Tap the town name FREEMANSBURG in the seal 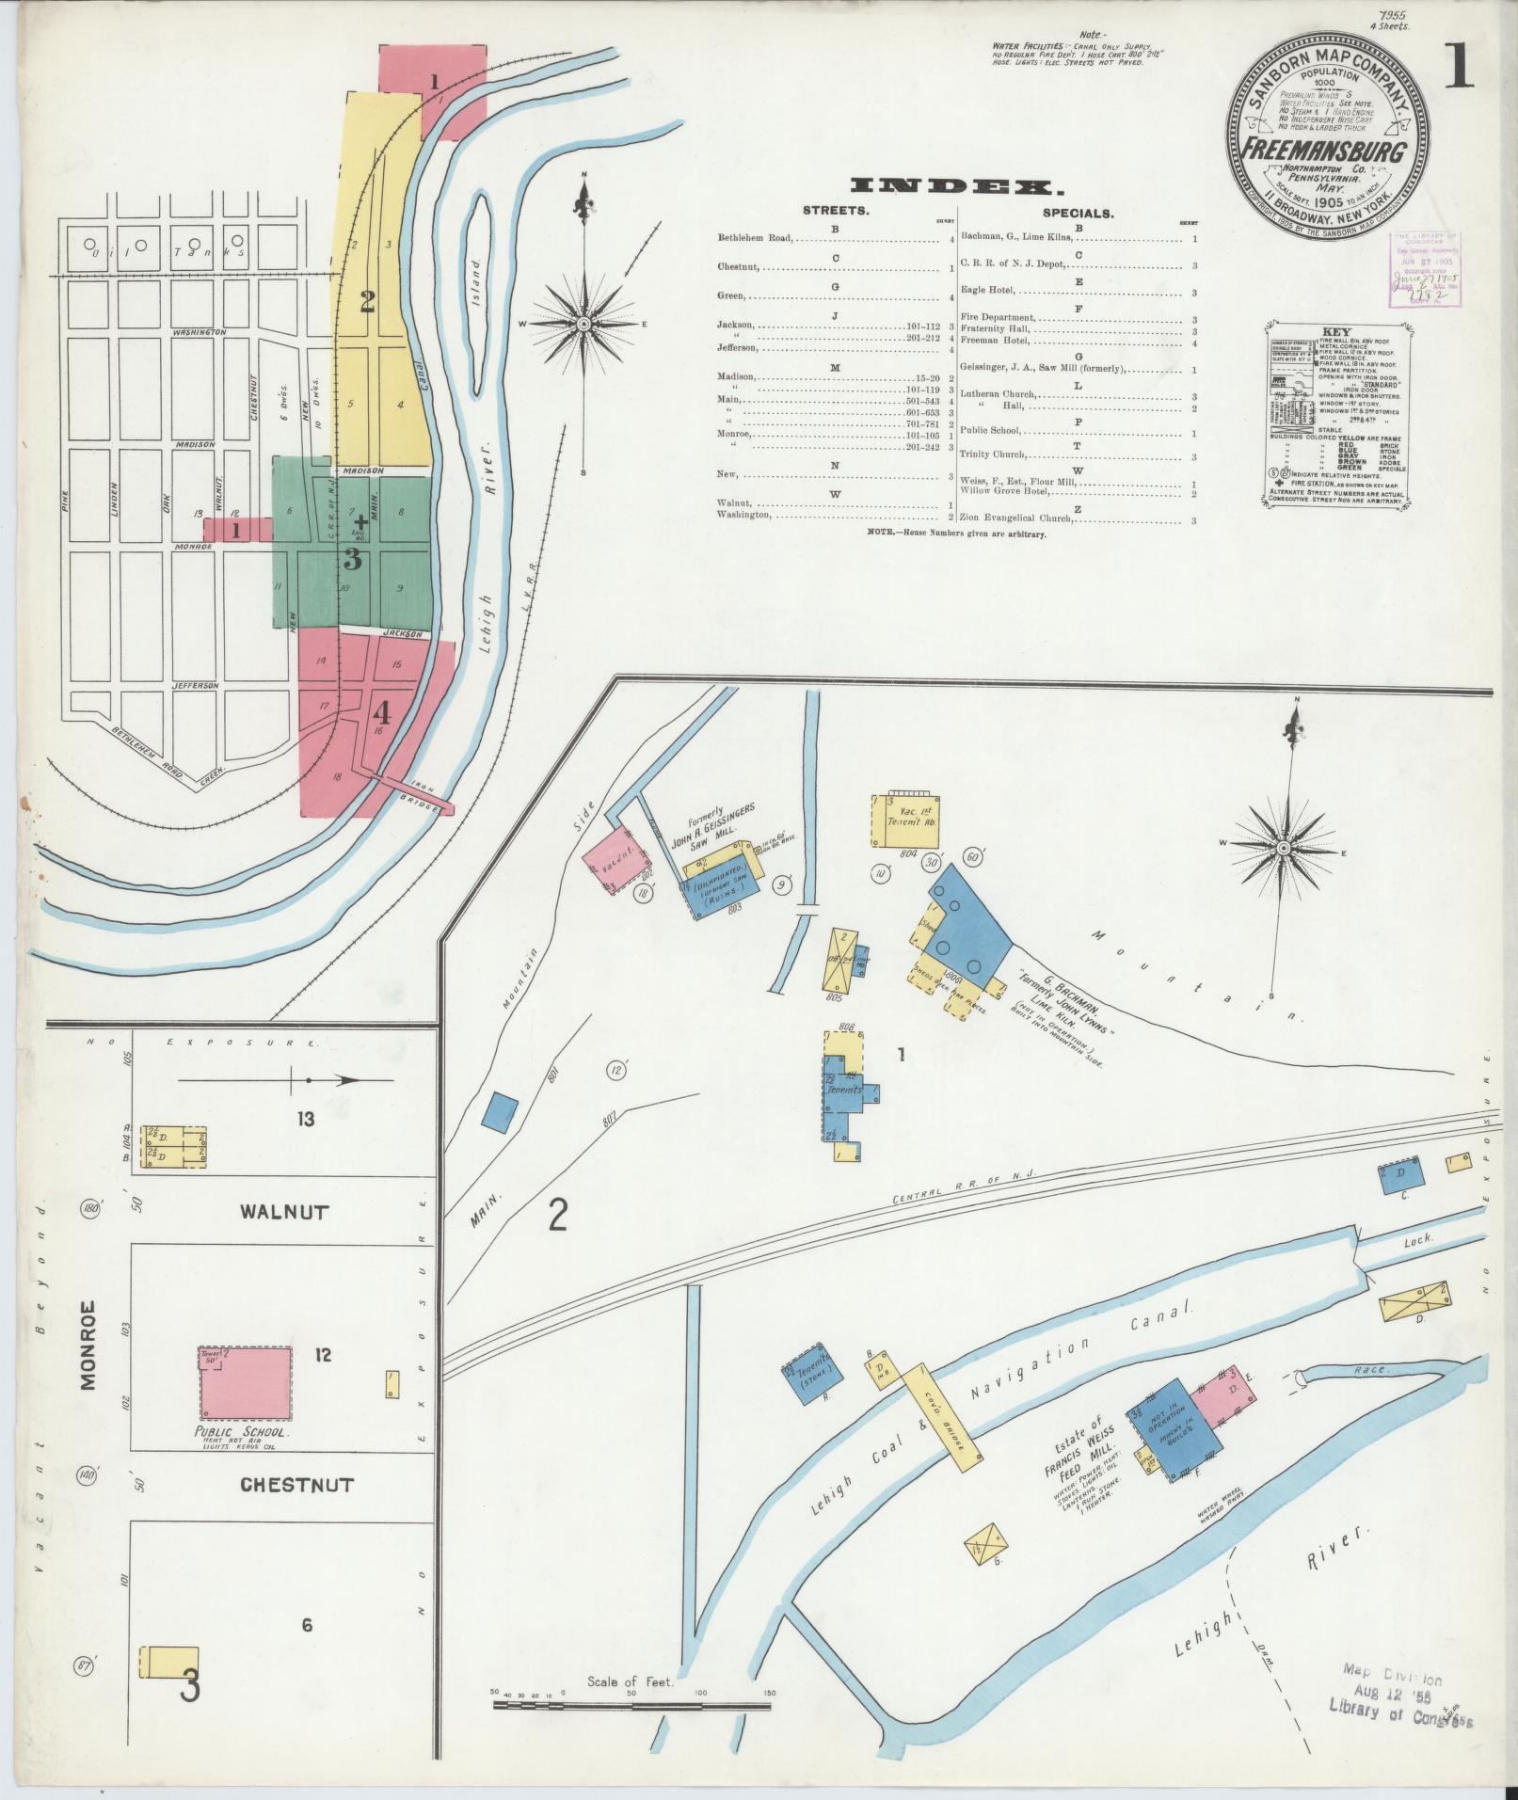click(x=1327, y=151)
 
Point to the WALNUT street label click(x=283, y=1212)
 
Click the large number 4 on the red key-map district click(x=382, y=710)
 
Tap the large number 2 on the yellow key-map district click(x=366, y=301)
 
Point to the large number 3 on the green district click(x=352, y=561)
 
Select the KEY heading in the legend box click(x=1335, y=332)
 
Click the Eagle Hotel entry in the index click(x=987, y=292)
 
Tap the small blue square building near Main click(x=500, y=1111)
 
